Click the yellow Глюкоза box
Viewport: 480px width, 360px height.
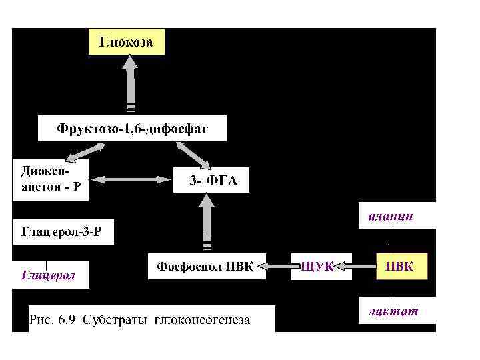click(x=127, y=42)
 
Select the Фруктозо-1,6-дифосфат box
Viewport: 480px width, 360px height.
click(x=132, y=128)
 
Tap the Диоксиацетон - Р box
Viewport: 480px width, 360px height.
click(x=49, y=179)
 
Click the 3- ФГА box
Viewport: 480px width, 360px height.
click(x=211, y=181)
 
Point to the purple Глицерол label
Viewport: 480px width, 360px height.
click(x=50, y=275)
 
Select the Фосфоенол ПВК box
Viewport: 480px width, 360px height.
click(x=205, y=267)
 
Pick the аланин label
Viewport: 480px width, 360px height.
click(x=393, y=217)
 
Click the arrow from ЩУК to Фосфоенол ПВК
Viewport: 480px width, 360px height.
click(x=279, y=267)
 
